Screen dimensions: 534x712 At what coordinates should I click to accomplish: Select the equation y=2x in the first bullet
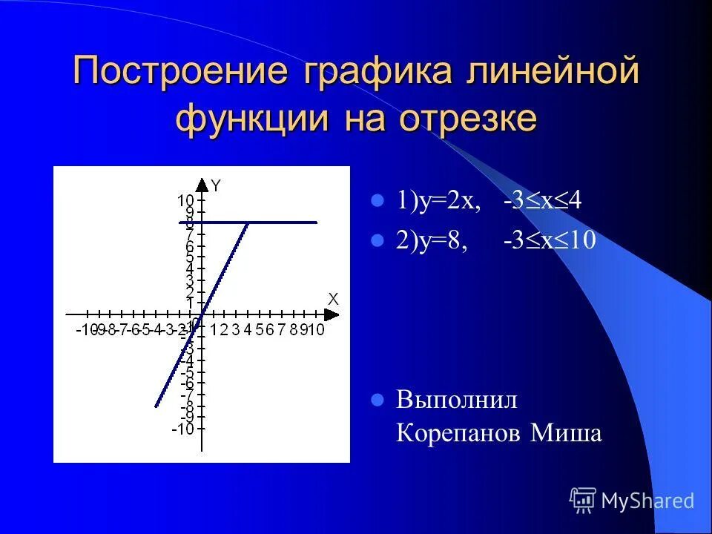438,202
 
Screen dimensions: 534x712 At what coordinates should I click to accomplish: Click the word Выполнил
457,400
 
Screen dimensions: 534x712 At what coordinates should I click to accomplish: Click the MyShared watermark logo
632,501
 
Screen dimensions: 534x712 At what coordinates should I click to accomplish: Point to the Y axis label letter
215,186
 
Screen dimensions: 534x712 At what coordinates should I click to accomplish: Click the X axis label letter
333,299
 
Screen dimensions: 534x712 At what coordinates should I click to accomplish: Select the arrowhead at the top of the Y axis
202,183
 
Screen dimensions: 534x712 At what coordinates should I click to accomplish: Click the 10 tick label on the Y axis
185,200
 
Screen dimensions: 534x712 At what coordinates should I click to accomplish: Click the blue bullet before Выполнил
378,400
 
